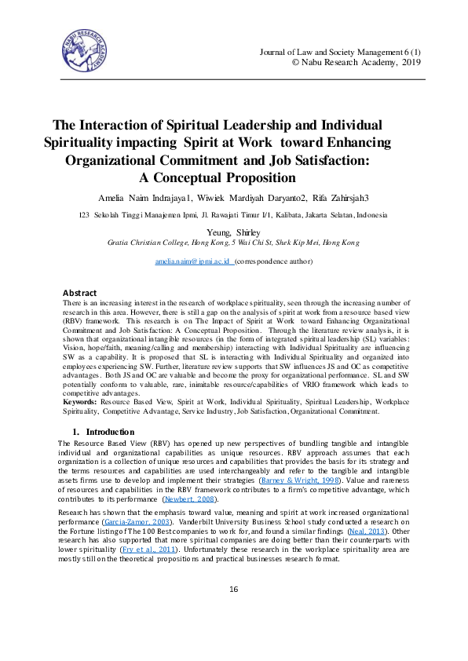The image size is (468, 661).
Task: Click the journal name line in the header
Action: coord(342,52)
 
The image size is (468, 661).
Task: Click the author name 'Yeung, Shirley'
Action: coord(233,233)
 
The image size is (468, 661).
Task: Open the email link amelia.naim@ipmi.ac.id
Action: coord(192,260)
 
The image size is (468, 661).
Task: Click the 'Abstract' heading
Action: coord(79,292)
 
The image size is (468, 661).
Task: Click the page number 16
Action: coord(233,612)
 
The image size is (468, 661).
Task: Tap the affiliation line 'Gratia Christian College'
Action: coord(233,243)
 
